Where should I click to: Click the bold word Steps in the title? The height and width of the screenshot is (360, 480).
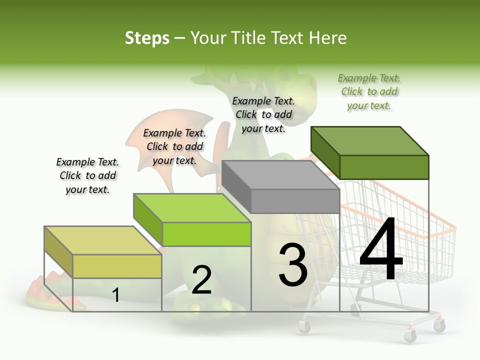tap(147, 38)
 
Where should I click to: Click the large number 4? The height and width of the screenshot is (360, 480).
tap(381, 250)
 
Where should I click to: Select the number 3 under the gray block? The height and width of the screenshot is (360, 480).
tap(293, 265)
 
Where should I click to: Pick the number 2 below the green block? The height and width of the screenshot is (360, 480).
tap(201, 280)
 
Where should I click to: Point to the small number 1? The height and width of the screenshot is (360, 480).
tap(116, 295)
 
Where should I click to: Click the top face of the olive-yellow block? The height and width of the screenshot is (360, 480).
tap(103, 240)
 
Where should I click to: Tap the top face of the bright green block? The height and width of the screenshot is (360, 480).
tap(192, 208)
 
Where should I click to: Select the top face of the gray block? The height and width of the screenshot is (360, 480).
tap(280, 175)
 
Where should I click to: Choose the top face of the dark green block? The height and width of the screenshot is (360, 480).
tap(370, 141)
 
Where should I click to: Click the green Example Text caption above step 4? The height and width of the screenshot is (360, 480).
tap(369, 92)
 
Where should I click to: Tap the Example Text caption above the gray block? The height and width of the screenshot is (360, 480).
tap(263, 114)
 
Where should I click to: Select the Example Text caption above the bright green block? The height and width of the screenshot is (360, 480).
tap(174, 146)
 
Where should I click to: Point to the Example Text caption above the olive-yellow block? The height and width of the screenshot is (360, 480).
tap(87, 175)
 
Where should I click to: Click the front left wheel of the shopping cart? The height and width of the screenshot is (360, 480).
tap(304, 326)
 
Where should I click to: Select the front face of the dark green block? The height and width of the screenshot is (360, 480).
tap(384, 167)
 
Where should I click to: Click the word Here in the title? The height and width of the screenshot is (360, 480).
tap(328, 38)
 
